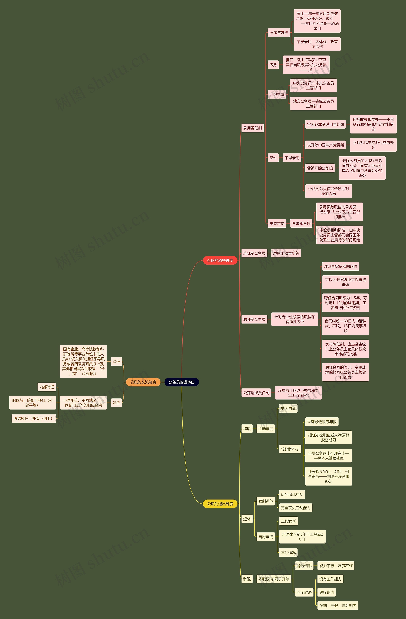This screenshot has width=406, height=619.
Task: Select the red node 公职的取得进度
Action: point(220,260)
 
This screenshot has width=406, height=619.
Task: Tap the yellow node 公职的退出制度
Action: point(220,504)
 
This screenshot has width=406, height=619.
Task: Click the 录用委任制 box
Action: point(252,128)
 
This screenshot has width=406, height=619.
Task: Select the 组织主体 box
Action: point(277,95)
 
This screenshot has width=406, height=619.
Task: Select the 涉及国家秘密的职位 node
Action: point(341,266)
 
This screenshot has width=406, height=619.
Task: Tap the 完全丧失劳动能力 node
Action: point(295,508)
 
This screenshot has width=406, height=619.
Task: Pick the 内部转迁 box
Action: point(47,387)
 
